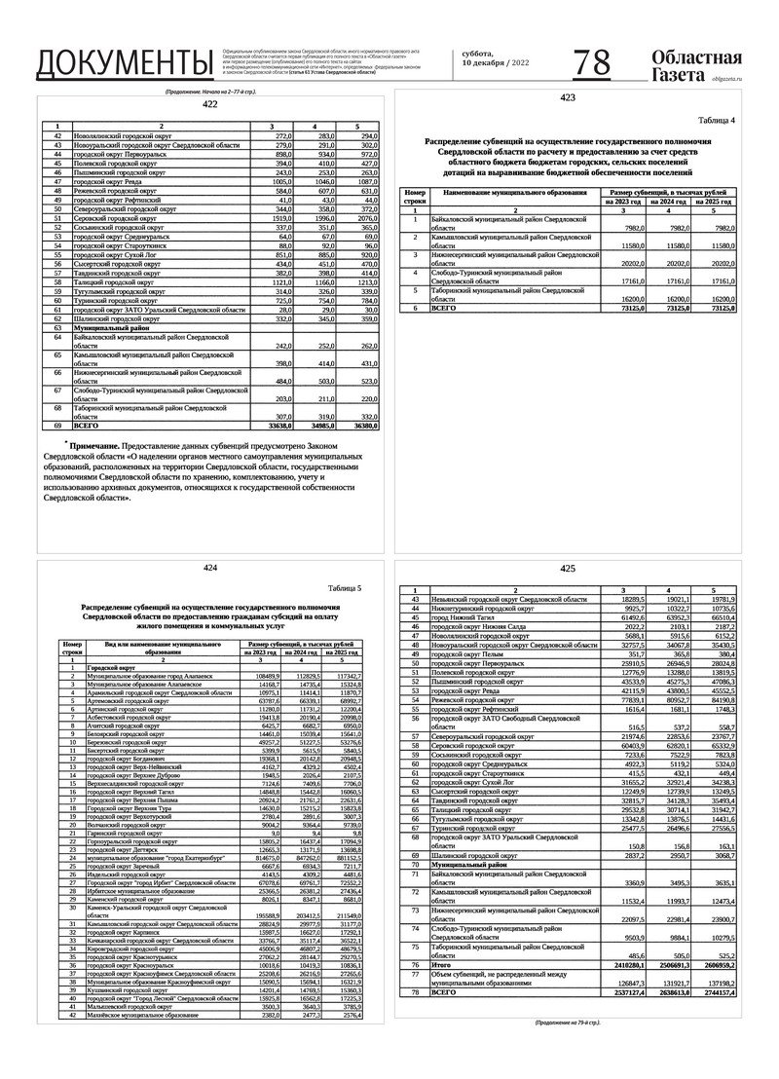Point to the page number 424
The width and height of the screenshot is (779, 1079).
pyautogui.click(x=210, y=567)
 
